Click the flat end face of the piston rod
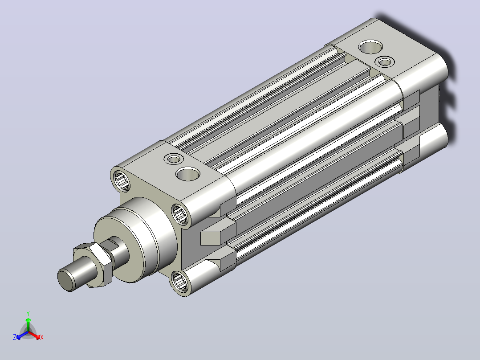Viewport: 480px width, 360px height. pos(66,280)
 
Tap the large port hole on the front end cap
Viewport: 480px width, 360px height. pos(187,174)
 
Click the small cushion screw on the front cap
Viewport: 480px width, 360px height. pos(174,159)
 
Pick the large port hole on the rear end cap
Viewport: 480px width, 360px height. pos(370,47)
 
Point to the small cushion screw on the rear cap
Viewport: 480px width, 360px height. pos(384,62)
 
